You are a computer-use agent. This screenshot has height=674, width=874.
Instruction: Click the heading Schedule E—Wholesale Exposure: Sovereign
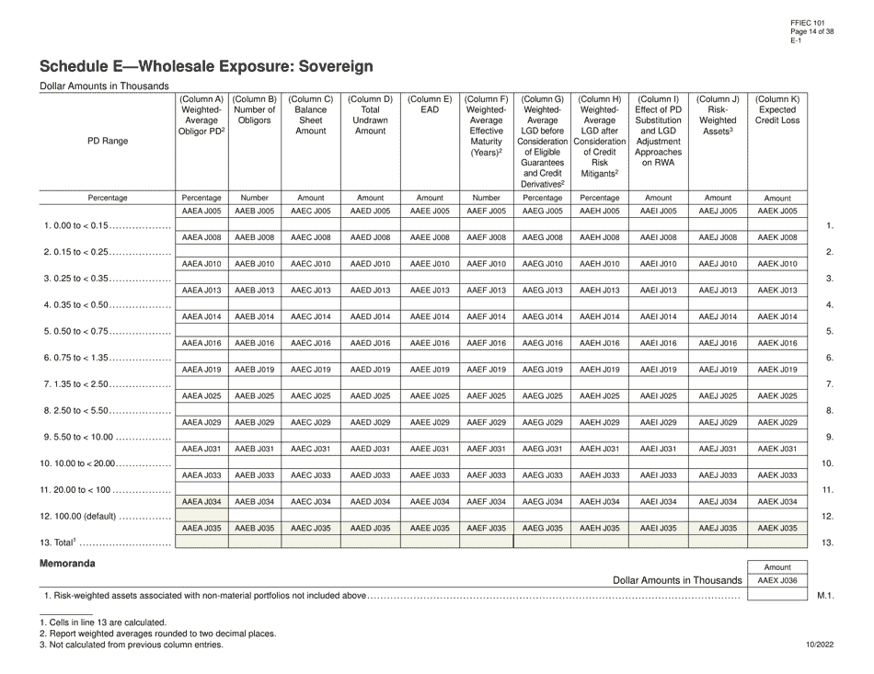(x=206, y=66)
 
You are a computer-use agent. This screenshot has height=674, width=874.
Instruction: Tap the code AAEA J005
(x=201, y=211)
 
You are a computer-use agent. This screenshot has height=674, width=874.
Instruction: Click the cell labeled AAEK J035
(x=777, y=529)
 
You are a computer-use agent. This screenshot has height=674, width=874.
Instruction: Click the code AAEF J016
(x=486, y=343)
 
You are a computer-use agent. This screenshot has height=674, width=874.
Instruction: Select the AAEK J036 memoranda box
(x=777, y=581)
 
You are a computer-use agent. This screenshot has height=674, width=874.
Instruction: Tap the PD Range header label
(x=108, y=141)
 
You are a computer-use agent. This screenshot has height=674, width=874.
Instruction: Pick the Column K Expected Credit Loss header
(x=777, y=109)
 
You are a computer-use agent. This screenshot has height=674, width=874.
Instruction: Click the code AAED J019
(x=371, y=370)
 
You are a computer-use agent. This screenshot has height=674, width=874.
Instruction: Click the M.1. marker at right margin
(x=824, y=598)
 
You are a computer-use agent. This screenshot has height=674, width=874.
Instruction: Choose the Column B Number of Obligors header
(x=255, y=109)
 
